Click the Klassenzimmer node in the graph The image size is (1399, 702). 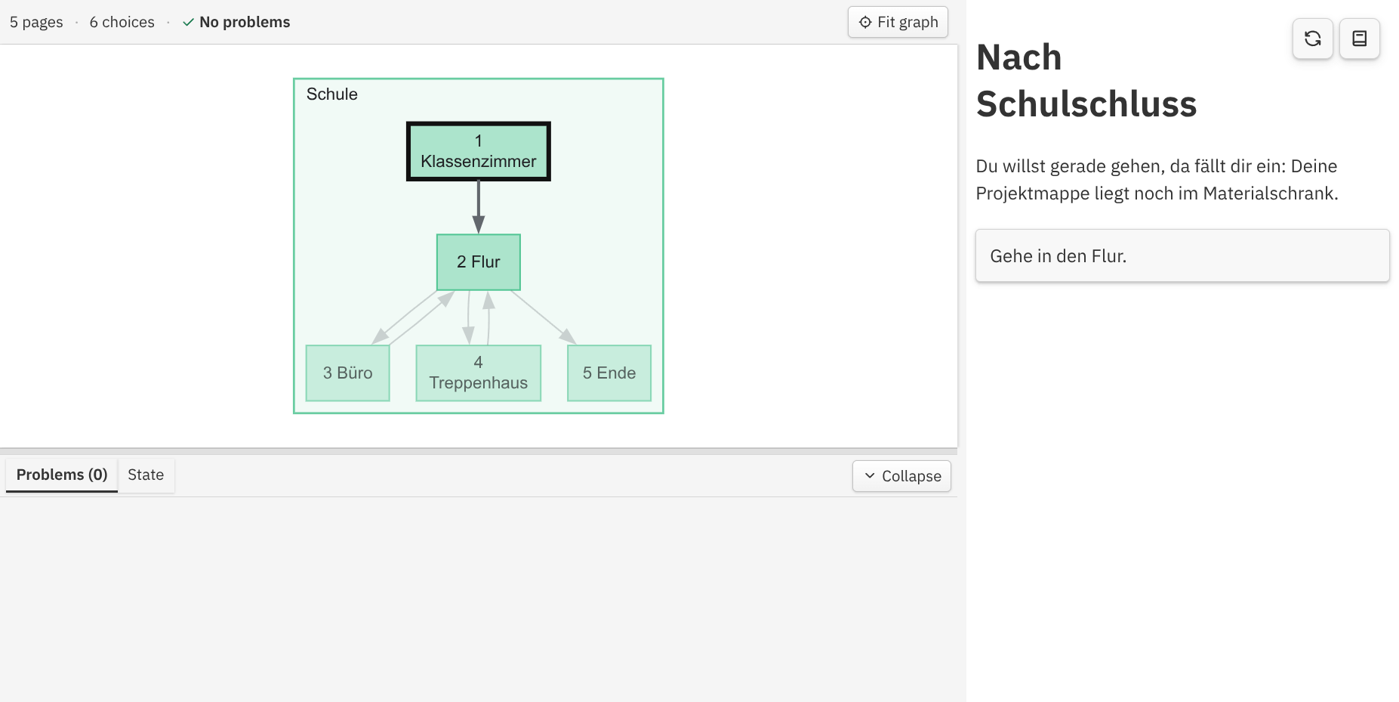pos(479,151)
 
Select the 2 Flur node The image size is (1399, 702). pos(479,262)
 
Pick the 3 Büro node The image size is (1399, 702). pos(348,373)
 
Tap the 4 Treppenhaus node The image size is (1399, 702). pos(479,373)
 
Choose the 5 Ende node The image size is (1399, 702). pos(609,373)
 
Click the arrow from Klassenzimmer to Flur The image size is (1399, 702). pos(479,207)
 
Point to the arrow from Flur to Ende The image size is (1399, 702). pos(544,317)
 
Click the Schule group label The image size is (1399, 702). pos(332,94)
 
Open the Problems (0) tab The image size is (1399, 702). pos(62,475)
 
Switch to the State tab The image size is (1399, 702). pos(146,475)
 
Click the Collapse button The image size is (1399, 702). pos(901,476)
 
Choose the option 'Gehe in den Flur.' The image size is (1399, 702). pos(1182,256)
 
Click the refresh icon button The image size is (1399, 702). pos(1313,39)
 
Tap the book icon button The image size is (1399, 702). pos(1360,39)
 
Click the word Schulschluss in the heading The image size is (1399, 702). pos(1086,104)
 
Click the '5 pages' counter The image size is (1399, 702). pos(36,23)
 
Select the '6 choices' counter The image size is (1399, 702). pos(122,23)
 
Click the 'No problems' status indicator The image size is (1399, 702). pos(236,23)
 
